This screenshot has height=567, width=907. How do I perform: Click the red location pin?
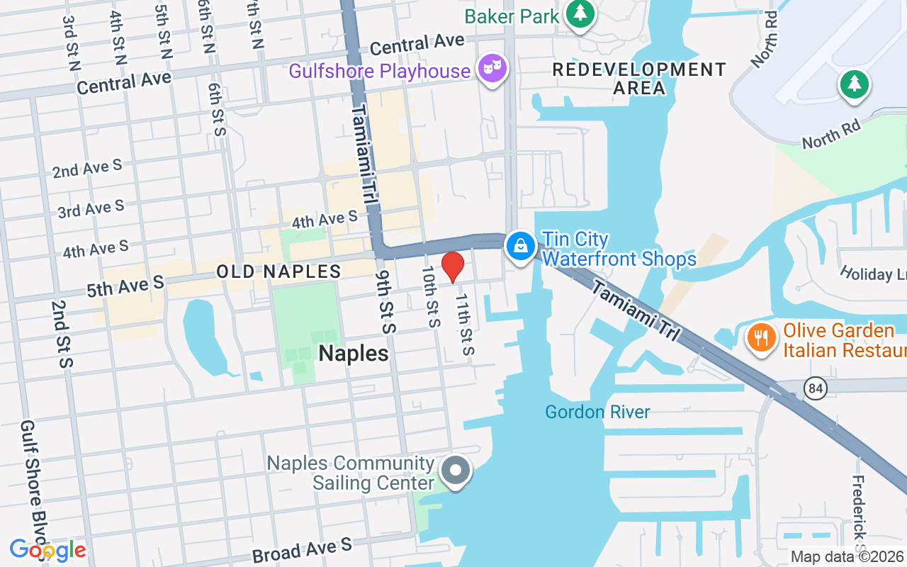[453, 266]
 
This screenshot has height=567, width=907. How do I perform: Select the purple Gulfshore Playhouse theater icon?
[492, 69]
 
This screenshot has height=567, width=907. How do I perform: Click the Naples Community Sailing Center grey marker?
[456, 470]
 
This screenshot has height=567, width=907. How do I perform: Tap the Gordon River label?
[597, 412]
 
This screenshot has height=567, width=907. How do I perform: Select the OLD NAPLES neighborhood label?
[278, 271]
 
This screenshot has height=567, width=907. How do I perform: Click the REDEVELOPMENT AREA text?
[639, 79]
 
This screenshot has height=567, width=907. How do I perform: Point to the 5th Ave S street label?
[125, 286]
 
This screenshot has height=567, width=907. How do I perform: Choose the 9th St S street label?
[386, 301]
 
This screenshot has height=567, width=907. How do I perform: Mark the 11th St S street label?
[464, 325]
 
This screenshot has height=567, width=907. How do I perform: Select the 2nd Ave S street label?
[87, 169]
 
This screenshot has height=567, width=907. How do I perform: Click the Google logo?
[47, 550]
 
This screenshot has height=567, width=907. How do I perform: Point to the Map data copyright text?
[847, 557]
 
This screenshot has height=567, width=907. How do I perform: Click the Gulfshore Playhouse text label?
[379, 71]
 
